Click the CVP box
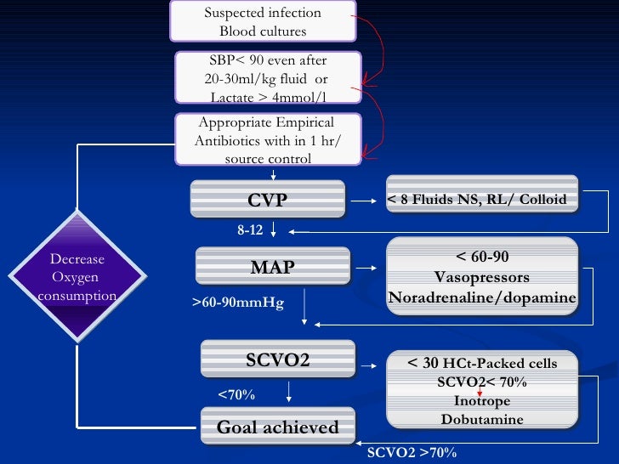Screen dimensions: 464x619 click(x=267, y=201)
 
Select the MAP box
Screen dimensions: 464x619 click(x=272, y=268)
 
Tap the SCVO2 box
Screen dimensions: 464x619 click(x=277, y=359)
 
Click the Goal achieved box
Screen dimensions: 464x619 click(x=277, y=427)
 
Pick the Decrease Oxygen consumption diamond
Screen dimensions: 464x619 click(x=77, y=276)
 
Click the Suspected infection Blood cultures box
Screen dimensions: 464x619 click(x=263, y=22)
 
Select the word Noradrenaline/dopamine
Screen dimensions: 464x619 click(x=482, y=297)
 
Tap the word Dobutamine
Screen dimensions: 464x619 click(x=482, y=419)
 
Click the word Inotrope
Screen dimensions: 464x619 click(x=482, y=400)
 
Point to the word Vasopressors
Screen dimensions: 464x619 click(x=482, y=277)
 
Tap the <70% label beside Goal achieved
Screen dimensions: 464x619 click(x=236, y=394)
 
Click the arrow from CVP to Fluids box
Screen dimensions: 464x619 click(x=365, y=201)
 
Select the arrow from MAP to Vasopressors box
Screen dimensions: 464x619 click(x=367, y=269)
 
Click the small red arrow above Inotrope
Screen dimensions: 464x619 click(x=480, y=390)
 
